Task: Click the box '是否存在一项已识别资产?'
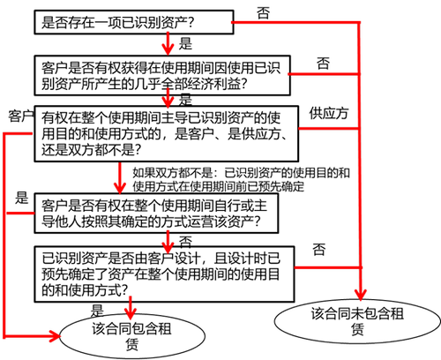click(134, 22)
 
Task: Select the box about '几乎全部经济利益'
click(162, 75)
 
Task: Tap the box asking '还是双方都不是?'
click(167, 133)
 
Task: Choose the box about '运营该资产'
click(156, 214)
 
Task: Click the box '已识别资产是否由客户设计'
click(164, 274)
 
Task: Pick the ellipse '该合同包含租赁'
click(132, 336)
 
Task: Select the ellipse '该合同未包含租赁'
click(357, 321)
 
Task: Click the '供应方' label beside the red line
click(329, 114)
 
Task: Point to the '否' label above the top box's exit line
click(263, 13)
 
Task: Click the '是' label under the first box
click(185, 43)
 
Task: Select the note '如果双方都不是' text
click(241, 179)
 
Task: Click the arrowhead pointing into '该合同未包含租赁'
click(361, 295)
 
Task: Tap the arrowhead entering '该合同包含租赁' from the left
click(55, 336)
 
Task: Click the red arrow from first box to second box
click(168, 43)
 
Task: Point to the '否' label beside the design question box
click(319, 250)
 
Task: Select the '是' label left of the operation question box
click(22, 198)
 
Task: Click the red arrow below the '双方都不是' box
click(120, 177)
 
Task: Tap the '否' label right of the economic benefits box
click(323, 63)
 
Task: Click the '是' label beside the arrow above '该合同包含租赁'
click(97, 311)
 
